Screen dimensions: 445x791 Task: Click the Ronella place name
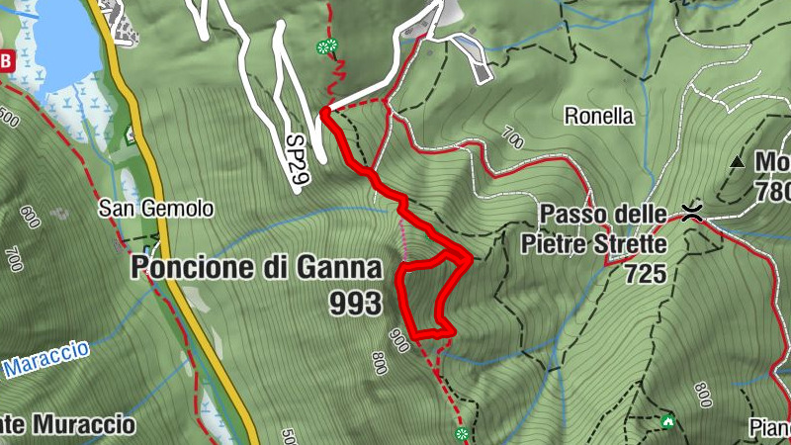598,116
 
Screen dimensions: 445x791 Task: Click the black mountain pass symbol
693,211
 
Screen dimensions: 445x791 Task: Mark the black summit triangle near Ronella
737,161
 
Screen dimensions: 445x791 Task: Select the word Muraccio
83,425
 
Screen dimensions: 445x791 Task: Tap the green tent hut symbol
668,422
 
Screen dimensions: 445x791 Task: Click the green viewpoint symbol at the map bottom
461,434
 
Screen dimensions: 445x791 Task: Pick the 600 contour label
29,216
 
